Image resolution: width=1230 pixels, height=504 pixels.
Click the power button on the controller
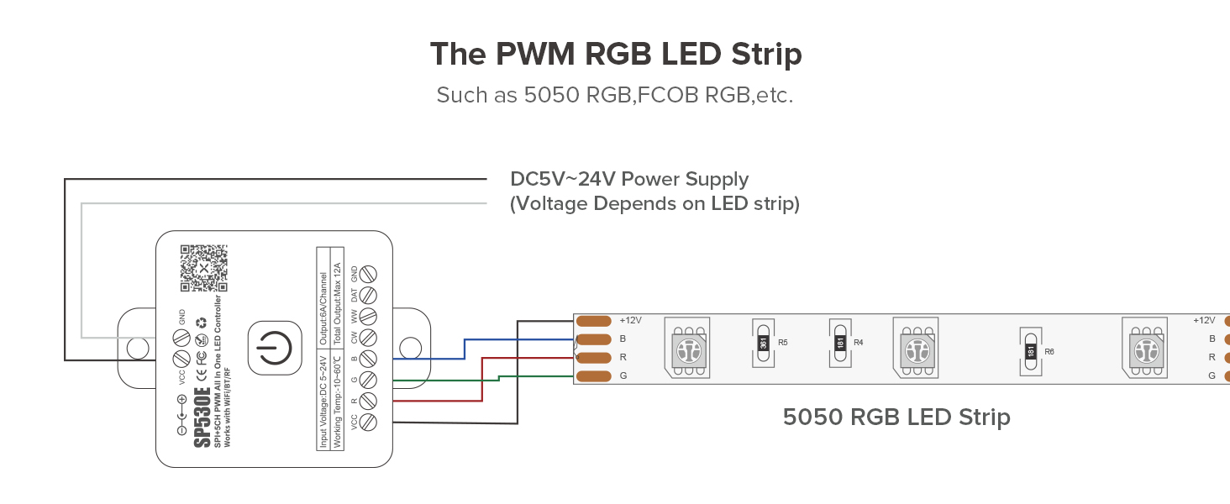[x=274, y=347]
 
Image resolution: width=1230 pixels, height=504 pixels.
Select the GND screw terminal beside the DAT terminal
[x=367, y=275]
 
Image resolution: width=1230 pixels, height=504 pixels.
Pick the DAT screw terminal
[x=367, y=296]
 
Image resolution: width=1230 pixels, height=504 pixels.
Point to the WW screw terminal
[x=367, y=317]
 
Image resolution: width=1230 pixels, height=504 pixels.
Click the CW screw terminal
[x=367, y=338]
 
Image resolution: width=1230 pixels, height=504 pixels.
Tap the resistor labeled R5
[x=763, y=343]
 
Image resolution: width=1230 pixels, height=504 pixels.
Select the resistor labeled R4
[x=839, y=343]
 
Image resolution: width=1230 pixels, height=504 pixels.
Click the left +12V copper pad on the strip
[x=593, y=320]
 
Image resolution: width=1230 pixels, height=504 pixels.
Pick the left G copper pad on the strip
[x=593, y=375]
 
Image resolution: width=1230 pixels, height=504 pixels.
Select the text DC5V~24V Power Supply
[x=629, y=179]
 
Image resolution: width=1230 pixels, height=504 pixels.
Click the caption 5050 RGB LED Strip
[x=896, y=417]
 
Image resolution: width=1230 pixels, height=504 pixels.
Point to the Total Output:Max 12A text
[x=339, y=297]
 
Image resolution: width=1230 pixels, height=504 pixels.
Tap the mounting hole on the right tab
[x=410, y=347]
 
